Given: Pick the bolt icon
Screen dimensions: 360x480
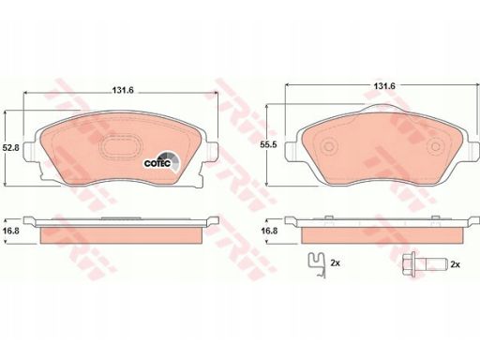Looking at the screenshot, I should [419, 265].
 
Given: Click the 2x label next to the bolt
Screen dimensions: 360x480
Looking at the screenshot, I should [456, 266].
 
